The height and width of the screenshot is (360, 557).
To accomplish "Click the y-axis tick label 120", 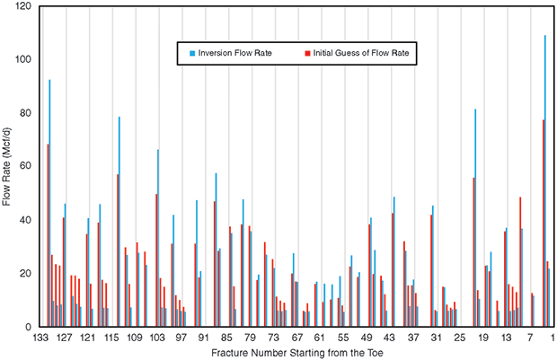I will coord(22,6).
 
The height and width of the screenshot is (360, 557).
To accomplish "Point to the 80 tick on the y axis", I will coord(25,113).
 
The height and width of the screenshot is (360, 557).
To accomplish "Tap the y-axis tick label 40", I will coord(25,220).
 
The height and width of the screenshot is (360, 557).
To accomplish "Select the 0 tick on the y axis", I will coord(28,327).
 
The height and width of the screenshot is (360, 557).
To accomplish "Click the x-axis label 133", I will coord(40,338).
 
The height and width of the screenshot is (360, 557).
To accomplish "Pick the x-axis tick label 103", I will coord(156,338).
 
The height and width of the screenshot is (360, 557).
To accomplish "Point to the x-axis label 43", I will coord(390,338).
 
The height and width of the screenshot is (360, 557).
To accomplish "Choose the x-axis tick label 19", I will coord(483,338).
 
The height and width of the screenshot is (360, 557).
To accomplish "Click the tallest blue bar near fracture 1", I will coord(545,180).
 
